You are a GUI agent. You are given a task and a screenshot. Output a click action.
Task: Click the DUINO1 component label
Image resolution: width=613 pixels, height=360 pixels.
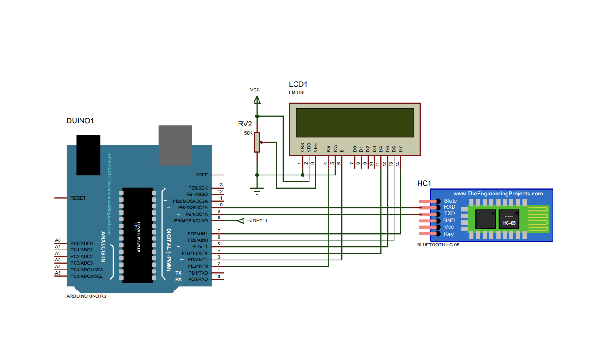coord(80,121)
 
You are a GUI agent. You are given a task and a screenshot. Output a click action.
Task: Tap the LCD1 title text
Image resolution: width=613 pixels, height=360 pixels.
coord(298,85)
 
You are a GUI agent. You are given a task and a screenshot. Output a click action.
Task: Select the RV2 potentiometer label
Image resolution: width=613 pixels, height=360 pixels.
coord(245,124)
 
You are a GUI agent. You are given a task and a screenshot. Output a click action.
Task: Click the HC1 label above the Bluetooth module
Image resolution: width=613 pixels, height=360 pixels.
coord(424,184)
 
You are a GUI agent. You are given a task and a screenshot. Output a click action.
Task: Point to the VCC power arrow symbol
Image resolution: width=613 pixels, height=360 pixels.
coord(257,99)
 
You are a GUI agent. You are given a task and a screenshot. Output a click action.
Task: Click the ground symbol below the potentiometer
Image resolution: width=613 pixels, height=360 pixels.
coord(257,190)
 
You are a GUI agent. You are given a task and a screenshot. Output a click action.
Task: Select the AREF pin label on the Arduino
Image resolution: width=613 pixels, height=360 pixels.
coord(201,175)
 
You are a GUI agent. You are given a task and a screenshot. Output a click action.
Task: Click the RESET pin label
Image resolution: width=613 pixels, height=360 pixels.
coord(78,198)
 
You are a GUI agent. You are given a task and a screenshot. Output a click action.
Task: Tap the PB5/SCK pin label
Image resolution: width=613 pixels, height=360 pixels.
coord(198,188)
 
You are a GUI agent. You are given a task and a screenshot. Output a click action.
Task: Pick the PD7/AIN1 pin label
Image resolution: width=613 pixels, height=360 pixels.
coord(198,234)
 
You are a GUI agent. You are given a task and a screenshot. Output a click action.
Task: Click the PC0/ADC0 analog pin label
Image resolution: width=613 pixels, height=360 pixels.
coord(82,243)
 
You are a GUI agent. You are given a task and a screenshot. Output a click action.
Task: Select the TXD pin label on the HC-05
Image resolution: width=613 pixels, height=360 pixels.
coord(449,213)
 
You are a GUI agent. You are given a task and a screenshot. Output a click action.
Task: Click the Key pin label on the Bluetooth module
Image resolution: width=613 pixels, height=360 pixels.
coord(449,234)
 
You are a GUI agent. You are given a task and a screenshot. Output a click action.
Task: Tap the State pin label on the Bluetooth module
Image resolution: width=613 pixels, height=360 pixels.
coord(450,201)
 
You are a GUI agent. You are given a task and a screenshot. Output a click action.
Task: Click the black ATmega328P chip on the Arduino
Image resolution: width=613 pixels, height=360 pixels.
coord(137,235)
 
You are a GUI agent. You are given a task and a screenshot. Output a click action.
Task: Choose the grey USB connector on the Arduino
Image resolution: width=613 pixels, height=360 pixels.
coord(175,145)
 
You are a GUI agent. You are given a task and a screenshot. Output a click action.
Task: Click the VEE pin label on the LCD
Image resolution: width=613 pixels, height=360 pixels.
coord(315,147)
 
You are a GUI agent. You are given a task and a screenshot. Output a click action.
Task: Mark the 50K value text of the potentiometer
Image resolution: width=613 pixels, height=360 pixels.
coord(248,133)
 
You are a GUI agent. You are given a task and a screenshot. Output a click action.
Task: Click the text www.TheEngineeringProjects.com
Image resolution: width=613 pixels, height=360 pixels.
coord(498,194)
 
